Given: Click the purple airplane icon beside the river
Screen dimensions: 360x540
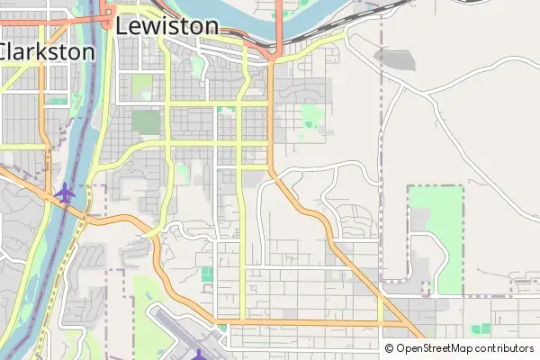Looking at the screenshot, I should coord(64,192).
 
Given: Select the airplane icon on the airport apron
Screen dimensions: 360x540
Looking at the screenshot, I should coord(199,354).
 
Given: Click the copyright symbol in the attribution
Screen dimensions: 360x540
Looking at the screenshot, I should coord(390,348).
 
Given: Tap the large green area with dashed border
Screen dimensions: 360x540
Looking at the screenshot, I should coord(436,238).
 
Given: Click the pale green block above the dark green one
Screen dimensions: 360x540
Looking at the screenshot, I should coord(142,87).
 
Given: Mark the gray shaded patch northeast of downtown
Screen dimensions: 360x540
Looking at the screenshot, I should coord(393,58).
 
